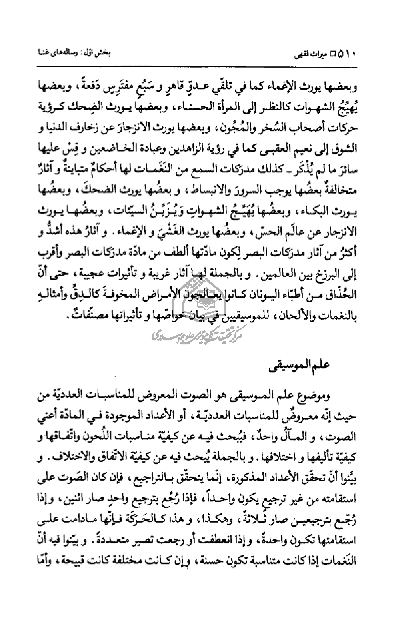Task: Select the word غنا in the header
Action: point(38,53)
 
